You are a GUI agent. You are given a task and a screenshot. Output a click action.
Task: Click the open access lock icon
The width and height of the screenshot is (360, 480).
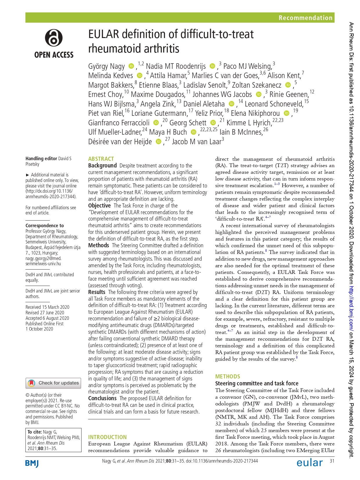[x=54, y=38]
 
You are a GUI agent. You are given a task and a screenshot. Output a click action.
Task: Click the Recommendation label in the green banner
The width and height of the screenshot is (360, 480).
[x=305, y=18]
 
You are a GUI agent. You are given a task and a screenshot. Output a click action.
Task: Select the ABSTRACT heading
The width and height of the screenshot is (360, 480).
[x=101, y=159]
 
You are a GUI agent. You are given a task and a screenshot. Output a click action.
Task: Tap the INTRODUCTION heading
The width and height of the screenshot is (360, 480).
[x=107, y=437]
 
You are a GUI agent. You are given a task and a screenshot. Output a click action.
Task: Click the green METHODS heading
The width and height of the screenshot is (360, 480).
[x=227, y=376]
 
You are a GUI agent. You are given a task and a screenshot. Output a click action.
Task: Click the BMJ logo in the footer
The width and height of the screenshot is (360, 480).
[x=32, y=463]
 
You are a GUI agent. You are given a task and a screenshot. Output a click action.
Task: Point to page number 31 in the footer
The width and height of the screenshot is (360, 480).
[x=332, y=461]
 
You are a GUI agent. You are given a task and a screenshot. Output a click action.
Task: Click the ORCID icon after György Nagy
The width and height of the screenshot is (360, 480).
[x=131, y=66]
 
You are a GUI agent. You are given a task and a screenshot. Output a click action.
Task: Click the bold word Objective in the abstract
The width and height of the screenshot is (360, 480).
[x=100, y=205]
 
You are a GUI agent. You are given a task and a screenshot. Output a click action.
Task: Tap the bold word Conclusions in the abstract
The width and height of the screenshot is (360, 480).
[x=102, y=398]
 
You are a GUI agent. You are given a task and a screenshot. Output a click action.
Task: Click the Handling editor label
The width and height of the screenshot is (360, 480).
[x=41, y=158]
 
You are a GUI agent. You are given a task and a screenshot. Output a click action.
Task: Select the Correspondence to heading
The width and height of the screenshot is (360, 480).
[x=44, y=225]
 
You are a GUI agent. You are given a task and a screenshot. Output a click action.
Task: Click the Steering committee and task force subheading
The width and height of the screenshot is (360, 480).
[x=256, y=383]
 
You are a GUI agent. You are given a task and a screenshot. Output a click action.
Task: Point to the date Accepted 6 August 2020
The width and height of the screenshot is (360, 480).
[x=47, y=318]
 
